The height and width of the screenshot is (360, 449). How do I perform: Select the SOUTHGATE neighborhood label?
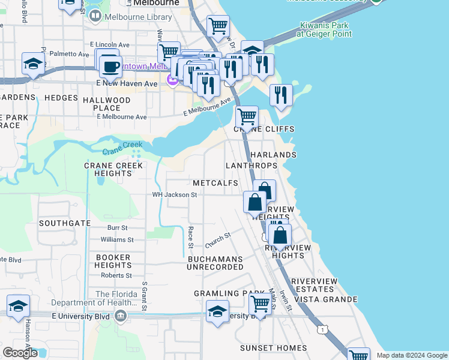pyautogui.click(x=65, y=223)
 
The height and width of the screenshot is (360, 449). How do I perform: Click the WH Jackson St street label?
pyautogui.click(x=174, y=195)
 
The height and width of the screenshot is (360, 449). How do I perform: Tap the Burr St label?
pyautogui.click(x=117, y=228)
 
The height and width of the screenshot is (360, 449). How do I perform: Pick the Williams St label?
pyautogui.click(x=117, y=239)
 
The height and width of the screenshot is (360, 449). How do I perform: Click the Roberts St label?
pyautogui.click(x=116, y=275)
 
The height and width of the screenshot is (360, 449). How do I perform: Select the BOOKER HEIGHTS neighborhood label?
pyautogui.click(x=113, y=261)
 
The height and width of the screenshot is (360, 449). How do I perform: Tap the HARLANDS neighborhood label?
pyautogui.click(x=273, y=155)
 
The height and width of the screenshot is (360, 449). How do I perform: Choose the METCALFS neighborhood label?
pyautogui.click(x=215, y=183)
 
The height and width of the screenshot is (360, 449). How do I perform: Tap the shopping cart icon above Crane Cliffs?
pyautogui.click(x=246, y=116)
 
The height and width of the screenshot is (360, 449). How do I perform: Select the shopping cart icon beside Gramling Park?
pyautogui.click(x=259, y=304)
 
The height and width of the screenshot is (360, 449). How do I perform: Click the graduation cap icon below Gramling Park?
pyautogui.click(x=217, y=311)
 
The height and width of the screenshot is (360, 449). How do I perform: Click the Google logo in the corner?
pyautogui.click(x=20, y=353)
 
